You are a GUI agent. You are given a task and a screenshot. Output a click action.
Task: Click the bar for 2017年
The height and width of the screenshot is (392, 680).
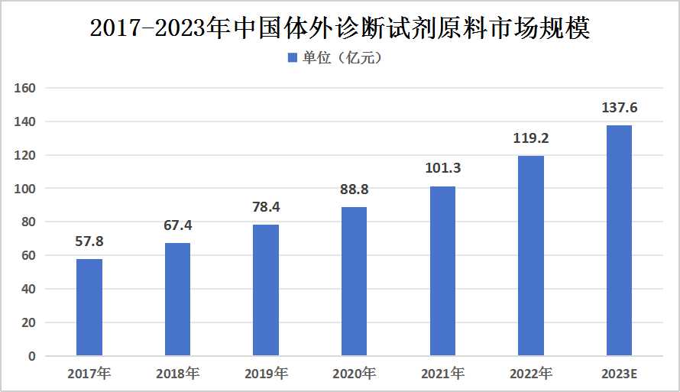coord(89,307)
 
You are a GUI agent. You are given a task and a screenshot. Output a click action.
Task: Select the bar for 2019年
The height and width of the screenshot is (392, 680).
coord(266,290)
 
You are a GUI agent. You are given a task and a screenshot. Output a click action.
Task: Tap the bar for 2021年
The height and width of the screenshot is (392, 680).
coord(442,271)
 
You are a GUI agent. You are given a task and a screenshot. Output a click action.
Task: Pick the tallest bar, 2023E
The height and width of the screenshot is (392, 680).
coord(619,241)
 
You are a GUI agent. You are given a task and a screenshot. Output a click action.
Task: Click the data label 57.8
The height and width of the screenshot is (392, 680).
coord(89,241)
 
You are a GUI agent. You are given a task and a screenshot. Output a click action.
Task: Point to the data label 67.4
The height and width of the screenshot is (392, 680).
coord(177,225)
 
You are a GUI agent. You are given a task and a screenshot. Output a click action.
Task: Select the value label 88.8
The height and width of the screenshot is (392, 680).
coord(354,190)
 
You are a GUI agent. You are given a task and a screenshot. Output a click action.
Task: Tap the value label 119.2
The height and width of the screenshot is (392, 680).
coord(531,139)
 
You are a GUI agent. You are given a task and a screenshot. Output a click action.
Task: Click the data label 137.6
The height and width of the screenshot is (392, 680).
coord(619,108)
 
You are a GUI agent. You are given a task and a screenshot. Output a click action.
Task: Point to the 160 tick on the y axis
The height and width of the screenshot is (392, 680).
coord(26,88)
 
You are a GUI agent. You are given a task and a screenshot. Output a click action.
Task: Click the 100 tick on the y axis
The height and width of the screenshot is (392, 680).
coord(26,189)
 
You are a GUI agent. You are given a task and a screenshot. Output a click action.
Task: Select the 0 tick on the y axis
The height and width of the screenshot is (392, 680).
coord(31,356)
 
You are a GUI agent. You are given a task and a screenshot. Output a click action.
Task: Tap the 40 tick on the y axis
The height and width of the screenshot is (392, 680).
coord(28,289)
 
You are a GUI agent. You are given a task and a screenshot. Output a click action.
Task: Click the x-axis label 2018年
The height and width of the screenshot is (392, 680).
coord(177,374)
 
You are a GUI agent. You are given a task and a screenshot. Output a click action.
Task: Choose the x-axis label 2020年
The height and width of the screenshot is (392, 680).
coord(354,374)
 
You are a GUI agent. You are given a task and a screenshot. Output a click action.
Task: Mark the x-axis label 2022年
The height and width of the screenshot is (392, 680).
coord(531,374)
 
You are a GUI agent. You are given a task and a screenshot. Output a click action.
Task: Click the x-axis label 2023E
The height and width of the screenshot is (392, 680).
coord(619,374)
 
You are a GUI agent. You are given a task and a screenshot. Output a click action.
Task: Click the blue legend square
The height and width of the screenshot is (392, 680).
coord(291,58)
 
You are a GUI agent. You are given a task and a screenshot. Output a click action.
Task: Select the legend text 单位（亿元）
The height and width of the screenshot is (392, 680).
coord(341,58)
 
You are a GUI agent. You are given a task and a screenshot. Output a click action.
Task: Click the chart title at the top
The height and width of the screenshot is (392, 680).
coord(340,28)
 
